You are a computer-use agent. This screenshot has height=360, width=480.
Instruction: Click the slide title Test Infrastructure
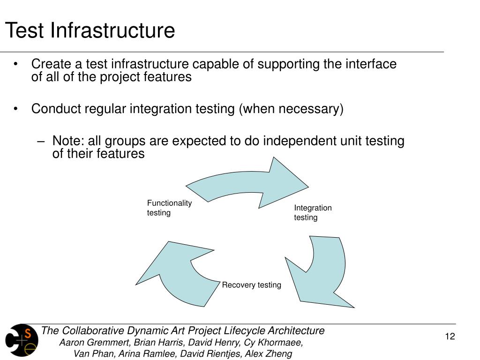tap(90, 31)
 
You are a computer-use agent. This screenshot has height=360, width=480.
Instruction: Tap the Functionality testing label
tap(169, 208)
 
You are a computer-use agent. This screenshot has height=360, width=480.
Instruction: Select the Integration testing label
tap(313, 212)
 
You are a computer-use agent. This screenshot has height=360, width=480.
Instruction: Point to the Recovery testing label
tap(251, 285)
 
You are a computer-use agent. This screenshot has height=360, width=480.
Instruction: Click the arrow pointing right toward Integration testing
tap(253, 183)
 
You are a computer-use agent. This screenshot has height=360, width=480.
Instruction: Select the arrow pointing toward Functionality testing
tap(173, 272)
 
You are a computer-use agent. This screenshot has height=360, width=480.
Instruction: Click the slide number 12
tap(450, 337)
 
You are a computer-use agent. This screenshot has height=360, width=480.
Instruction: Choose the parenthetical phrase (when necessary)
tap(291, 109)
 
